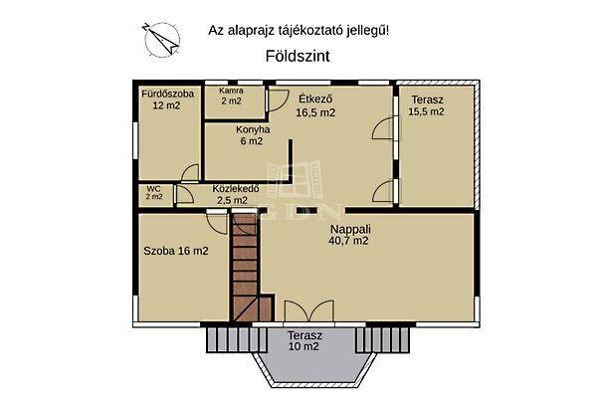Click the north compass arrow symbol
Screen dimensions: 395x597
(159, 38)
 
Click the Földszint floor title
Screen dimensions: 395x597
(298, 57)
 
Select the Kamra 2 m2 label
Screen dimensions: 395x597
(231, 96)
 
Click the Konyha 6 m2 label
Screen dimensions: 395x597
(249, 135)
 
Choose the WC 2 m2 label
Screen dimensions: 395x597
(153, 192)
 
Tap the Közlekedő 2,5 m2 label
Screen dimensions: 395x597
(236, 195)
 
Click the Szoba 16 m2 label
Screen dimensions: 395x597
(175, 251)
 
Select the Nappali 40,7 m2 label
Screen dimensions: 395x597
(349, 234)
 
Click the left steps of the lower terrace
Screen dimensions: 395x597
(228, 340)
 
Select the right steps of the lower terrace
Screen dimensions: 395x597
(379, 340)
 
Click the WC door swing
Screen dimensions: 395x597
(185, 195)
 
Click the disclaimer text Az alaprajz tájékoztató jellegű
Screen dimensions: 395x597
(298, 31)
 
